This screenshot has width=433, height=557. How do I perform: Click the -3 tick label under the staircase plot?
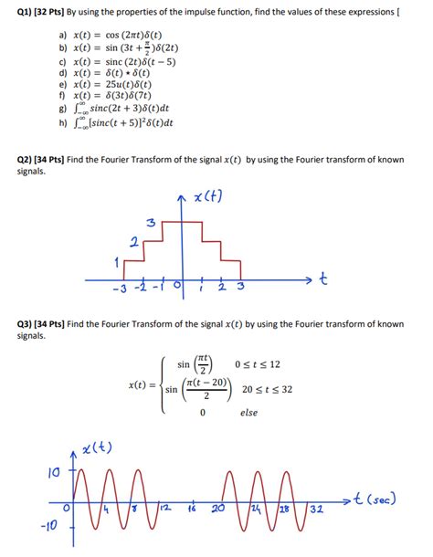118,291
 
